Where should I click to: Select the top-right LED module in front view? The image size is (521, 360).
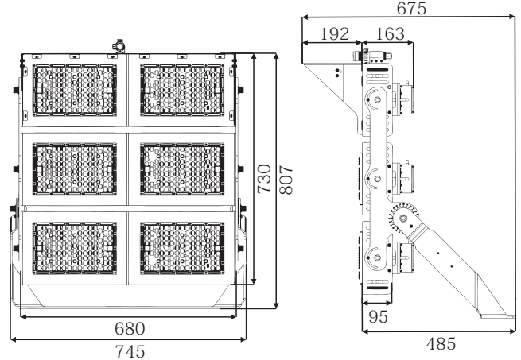tap(182, 90)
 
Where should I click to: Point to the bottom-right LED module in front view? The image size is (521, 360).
tap(182, 248)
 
